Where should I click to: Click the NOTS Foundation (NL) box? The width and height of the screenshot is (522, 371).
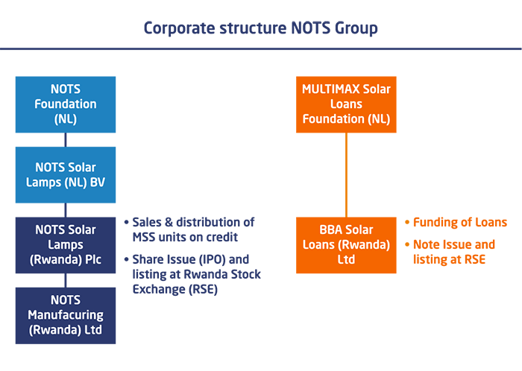pyautogui.click(x=66, y=104)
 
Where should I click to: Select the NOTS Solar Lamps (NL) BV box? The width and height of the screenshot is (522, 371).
pyautogui.click(x=66, y=175)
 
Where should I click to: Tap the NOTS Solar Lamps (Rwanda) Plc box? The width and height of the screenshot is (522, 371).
pyautogui.click(x=66, y=245)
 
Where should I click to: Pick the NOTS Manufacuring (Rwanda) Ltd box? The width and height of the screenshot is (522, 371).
pyautogui.click(x=66, y=315)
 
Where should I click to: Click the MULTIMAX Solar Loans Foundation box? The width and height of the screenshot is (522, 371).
pyautogui.click(x=346, y=104)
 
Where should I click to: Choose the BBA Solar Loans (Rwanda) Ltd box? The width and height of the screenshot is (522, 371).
pyautogui.click(x=346, y=245)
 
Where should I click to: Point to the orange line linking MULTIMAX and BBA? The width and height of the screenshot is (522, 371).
pyautogui.click(x=346, y=175)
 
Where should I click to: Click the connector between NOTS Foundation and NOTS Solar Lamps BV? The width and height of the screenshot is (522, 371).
pyautogui.click(x=66, y=139)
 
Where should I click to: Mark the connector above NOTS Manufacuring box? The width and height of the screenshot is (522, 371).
pyautogui.click(x=66, y=281)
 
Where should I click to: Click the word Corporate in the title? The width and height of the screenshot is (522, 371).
pyautogui.click(x=180, y=28)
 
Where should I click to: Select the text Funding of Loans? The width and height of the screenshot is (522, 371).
pyautogui.click(x=460, y=222)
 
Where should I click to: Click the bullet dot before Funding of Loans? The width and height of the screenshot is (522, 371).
pyautogui.click(x=407, y=222)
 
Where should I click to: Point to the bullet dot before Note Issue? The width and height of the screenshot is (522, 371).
pyautogui.click(x=407, y=244)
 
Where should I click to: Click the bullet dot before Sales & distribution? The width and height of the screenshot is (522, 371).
pyautogui.click(x=126, y=222)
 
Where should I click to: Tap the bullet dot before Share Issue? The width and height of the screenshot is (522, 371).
pyautogui.click(x=126, y=259)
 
